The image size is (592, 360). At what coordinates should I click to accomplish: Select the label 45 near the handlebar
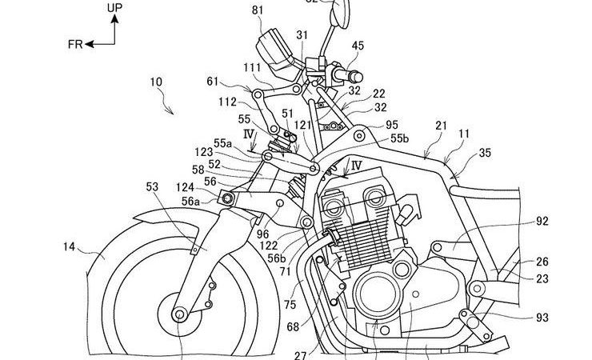pos(356,46)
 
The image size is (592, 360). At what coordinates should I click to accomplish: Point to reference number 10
pos(154,82)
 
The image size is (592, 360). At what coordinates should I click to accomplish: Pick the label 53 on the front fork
pos(151,186)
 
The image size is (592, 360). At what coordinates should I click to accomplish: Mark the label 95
pos(392,125)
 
